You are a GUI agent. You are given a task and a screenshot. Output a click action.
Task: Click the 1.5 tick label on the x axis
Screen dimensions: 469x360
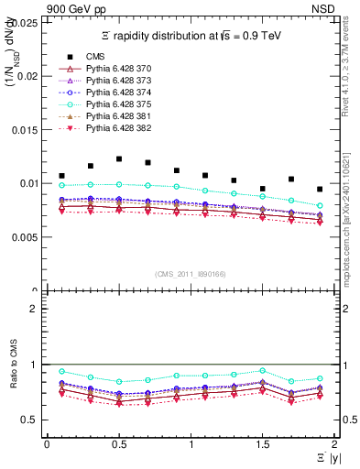pos(262,443)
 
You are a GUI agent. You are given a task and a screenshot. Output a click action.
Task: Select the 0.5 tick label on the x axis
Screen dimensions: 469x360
pos(118,443)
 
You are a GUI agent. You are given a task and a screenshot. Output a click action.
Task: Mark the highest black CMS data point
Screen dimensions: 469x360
pos(119,159)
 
